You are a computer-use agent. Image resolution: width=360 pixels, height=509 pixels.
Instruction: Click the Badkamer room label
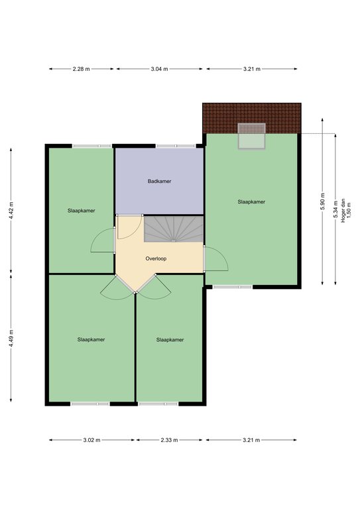click(159, 181)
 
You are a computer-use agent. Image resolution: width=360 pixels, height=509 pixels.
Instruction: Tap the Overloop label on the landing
click(156, 258)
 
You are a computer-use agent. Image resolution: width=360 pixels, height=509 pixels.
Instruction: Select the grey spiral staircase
click(174, 229)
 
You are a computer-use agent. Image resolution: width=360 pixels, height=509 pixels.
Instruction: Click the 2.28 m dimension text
click(81, 69)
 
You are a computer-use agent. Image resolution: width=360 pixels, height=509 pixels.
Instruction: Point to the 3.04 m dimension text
click(159, 69)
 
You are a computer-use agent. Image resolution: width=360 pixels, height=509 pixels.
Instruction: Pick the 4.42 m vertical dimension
click(11, 210)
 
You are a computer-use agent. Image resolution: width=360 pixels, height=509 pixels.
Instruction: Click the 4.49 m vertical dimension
click(11, 338)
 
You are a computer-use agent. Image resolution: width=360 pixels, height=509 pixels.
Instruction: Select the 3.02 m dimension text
click(91, 440)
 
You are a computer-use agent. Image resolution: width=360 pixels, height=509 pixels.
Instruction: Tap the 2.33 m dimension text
click(169, 440)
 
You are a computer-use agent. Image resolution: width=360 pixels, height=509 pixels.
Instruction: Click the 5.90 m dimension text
click(322, 201)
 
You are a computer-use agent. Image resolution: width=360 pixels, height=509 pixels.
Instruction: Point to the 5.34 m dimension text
click(335, 209)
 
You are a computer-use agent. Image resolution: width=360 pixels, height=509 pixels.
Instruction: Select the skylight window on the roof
click(251, 136)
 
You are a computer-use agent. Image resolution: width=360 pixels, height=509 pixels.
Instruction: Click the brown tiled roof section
click(252, 118)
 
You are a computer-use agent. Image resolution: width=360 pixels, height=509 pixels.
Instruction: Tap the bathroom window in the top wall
click(176, 146)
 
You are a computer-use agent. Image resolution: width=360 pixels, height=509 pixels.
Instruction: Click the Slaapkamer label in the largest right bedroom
click(251, 201)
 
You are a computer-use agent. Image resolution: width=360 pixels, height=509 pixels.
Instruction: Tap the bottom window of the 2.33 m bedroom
click(158, 404)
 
